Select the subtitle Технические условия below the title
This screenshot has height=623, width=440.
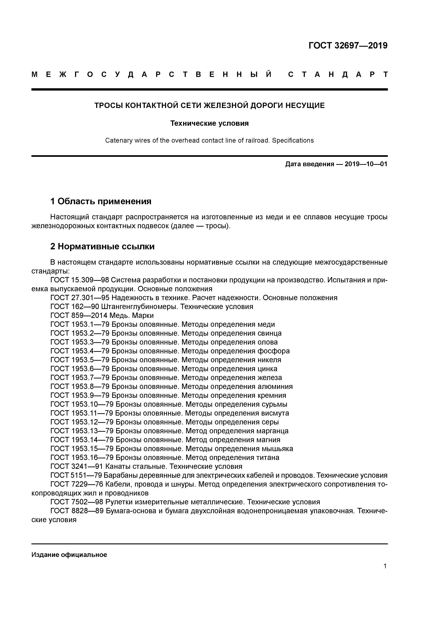click(209, 123)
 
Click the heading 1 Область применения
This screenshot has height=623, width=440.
click(101, 201)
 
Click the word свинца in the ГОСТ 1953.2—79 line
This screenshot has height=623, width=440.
click(269, 333)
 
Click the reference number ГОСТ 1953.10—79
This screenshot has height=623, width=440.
click(82, 404)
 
